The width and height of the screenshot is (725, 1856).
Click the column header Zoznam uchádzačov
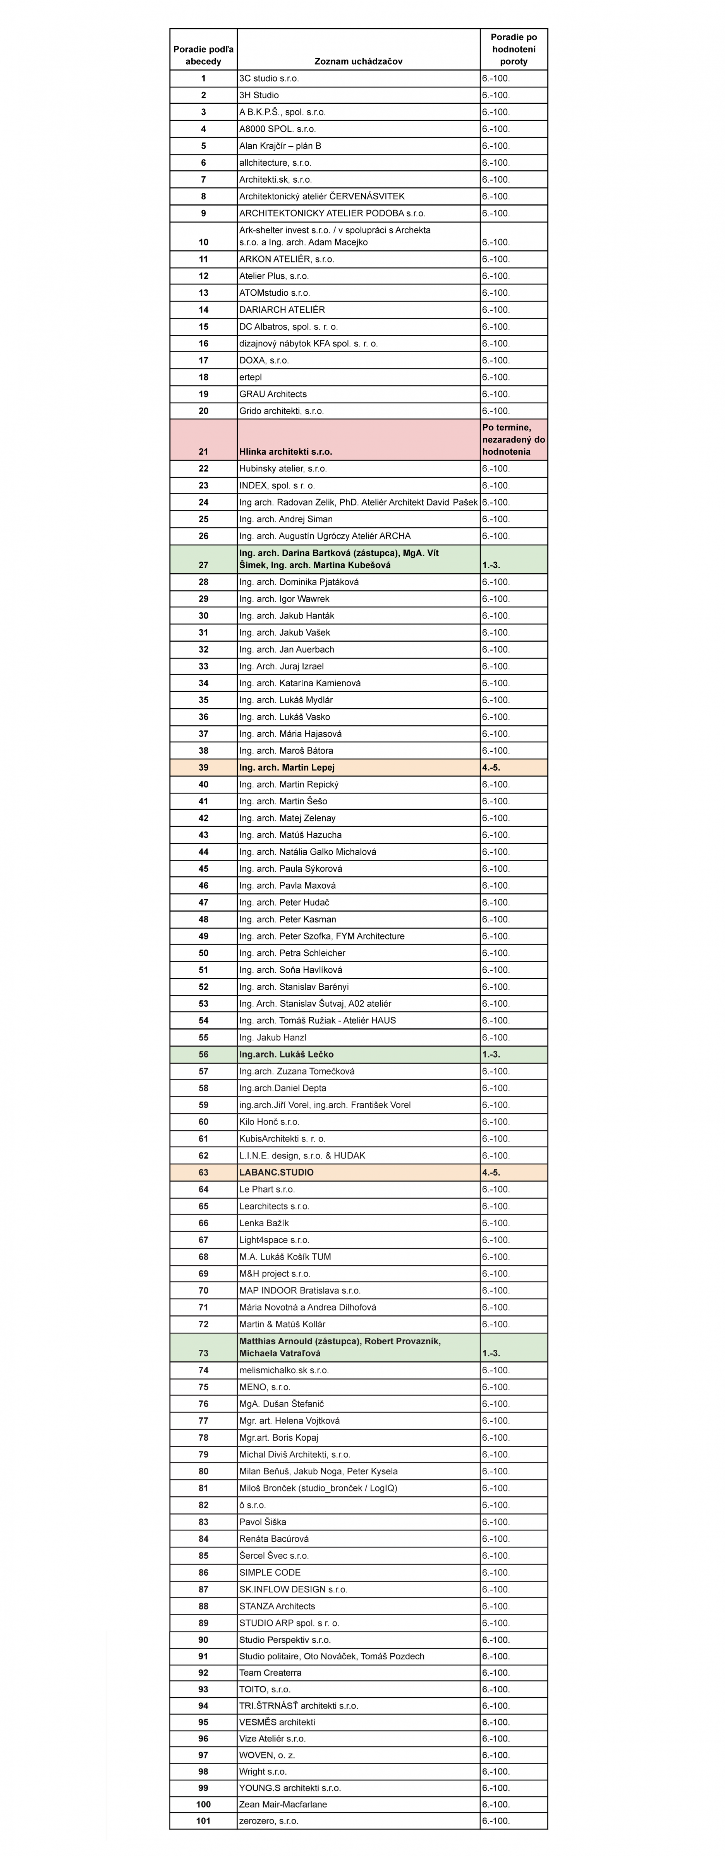click(358, 61)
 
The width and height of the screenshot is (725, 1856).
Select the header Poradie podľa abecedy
click(203, 55)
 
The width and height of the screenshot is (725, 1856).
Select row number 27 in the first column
click(203, 565)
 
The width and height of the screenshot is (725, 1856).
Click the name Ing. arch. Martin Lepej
click(287, 767)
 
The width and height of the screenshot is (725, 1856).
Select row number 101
click(203, 1821)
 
